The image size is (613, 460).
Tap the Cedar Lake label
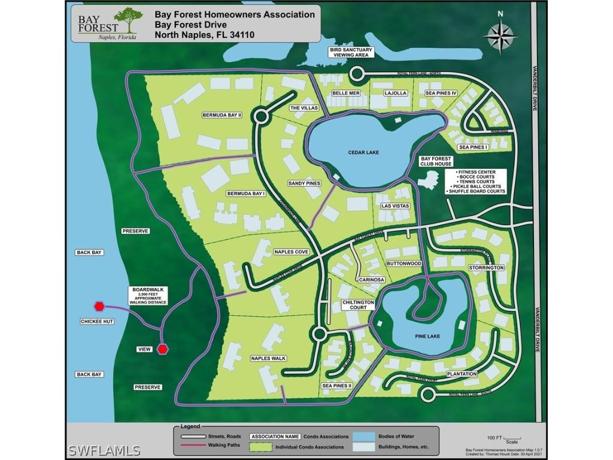pyautogui.click(x=364, y=152)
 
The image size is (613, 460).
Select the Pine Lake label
pyautogui.click(x=427, y=336)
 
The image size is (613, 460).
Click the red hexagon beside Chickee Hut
pyautogui.click(x=99, y=306)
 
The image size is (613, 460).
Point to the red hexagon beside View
pyautogui.click(x=162, y=349)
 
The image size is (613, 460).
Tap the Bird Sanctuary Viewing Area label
pyautogui.click(x=351, y=52)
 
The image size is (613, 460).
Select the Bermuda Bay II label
pyautogui.click(x=221, y=114)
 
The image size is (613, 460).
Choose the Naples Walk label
pyautogui.click(x=268, y=358)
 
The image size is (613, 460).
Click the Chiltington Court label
pyautogui.click(x=359, y=305)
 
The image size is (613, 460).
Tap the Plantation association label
pyautogui.click(x=462, y=374)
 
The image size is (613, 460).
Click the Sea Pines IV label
pyautogui.click(x=441, y=93)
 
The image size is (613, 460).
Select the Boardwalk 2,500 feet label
pyautogui.click(x=148, y=296)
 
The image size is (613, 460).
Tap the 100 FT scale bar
pyautogui.click(x=512, y=438)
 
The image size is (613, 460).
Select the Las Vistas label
pyautogui.click(x=395, y=205)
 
